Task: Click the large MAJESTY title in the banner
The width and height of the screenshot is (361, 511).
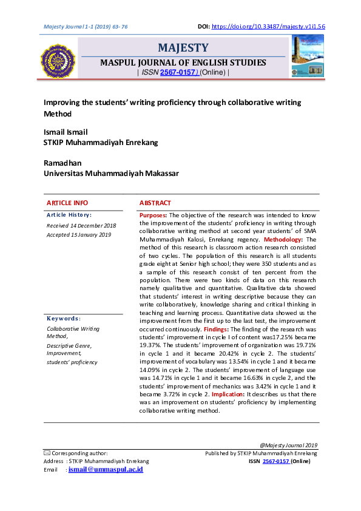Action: coord(183,48)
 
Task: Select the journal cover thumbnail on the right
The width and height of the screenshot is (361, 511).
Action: coord(308,56)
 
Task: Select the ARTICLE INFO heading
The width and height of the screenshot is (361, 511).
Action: coord(67,203)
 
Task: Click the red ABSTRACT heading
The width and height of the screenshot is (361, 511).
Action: coord(155,203)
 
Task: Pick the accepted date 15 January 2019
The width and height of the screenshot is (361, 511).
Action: coord(79,235)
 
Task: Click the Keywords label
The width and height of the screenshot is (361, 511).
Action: coord(64,319)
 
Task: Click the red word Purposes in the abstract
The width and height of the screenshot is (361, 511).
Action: coord(153,215)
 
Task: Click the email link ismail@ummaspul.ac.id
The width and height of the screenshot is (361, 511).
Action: coord(106,470)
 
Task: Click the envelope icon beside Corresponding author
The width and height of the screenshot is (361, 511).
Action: coord(47,453)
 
